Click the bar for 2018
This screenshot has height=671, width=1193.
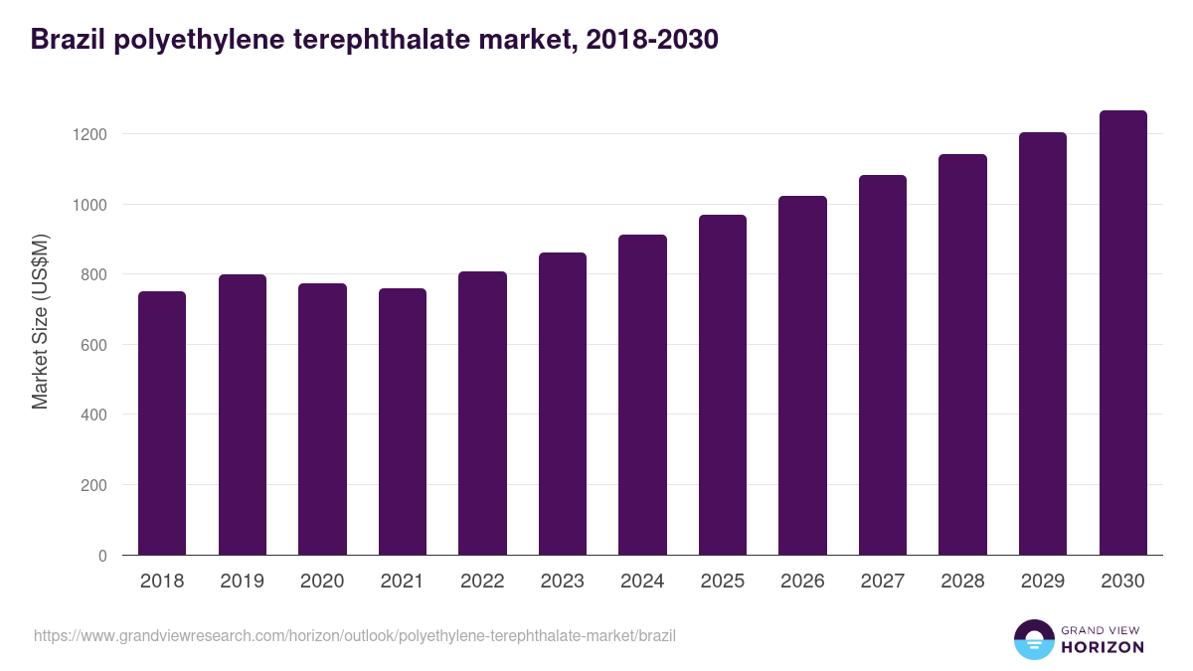click(162, 423)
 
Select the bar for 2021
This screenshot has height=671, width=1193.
click(403, 421)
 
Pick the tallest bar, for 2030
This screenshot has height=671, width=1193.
click(1122, 333)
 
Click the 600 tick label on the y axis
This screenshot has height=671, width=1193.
click(94, 345)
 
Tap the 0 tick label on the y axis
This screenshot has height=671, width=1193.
click(102, 556)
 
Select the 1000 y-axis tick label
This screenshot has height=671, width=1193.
click(90, 205)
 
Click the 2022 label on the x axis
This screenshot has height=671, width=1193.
click(482, 582)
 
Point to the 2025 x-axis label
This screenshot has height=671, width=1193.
click(723, 582)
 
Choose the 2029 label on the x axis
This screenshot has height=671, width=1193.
click(1043, 582)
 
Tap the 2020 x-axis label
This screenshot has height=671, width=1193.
click(322, 582)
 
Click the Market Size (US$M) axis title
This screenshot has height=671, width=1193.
click(41, 321)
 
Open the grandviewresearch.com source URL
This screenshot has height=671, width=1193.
click(355, 635)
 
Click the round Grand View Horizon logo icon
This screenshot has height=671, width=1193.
click(1033, 639)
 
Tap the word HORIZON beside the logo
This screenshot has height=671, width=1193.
click(1103, 647)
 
